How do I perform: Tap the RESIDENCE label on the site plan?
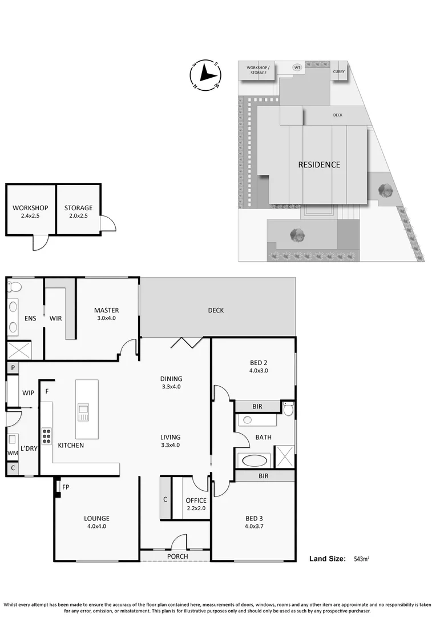(319, 165)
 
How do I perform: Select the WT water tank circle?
(297, 67)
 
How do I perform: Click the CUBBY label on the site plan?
(339, 71)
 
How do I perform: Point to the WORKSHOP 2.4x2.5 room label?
(30, 211)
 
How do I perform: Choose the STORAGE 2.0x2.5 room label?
(78, 211)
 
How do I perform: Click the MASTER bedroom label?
(107, 314)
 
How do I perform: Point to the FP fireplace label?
(66, 487)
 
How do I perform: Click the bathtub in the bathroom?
(255, 459)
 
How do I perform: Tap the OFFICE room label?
(196, 504)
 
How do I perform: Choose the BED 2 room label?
(259, 366)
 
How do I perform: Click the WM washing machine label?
(12, 453)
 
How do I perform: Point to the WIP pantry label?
(29, 393)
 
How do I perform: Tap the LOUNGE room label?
(96, 522)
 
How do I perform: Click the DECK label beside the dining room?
(216, 310)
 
